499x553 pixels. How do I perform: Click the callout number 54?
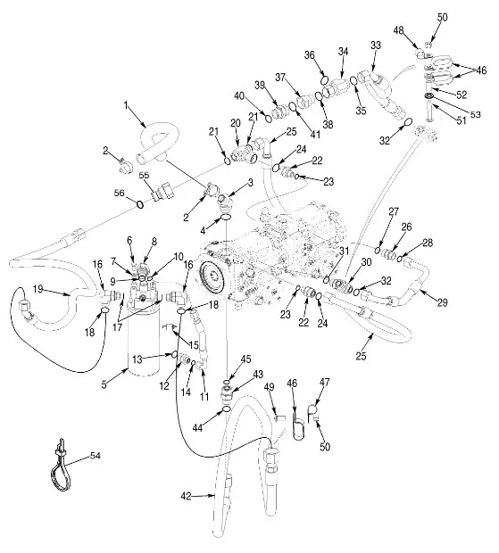(x=95, y=456)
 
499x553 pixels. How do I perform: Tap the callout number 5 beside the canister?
(x=104, y=384)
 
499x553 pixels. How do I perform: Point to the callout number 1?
(x=126, y=105)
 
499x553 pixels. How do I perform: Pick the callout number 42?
(x=186, y=496)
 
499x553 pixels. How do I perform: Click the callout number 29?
(x=442, y=302)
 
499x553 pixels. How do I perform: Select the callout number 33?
(x=376, y=45)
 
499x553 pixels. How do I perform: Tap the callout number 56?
(x=120, y=193)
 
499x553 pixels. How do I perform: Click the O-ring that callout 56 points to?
(x=140, y=204)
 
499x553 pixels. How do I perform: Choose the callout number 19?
(x=37, y=289)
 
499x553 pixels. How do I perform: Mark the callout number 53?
(x=475, y=115)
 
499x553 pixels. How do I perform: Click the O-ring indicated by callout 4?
(x=226, y=218)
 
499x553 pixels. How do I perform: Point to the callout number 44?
(x=197, y=427)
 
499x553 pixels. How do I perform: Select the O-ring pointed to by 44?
(x=227, y=409)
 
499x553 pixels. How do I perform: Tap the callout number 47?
(x=324, y=383)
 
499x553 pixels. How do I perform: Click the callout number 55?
(x=144, y=176)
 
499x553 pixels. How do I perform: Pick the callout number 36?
(x=310, y=55)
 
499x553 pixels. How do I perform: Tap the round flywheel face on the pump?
(x=211, y=275)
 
